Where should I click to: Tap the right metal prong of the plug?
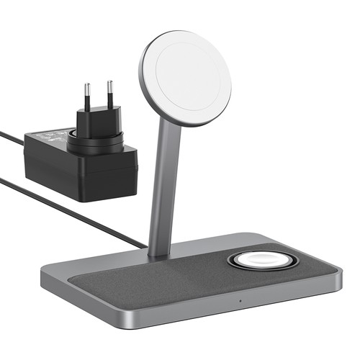(x=110, y=92)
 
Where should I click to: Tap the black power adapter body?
(x=79, y=169)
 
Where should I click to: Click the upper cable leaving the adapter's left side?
(x=11, y=136)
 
